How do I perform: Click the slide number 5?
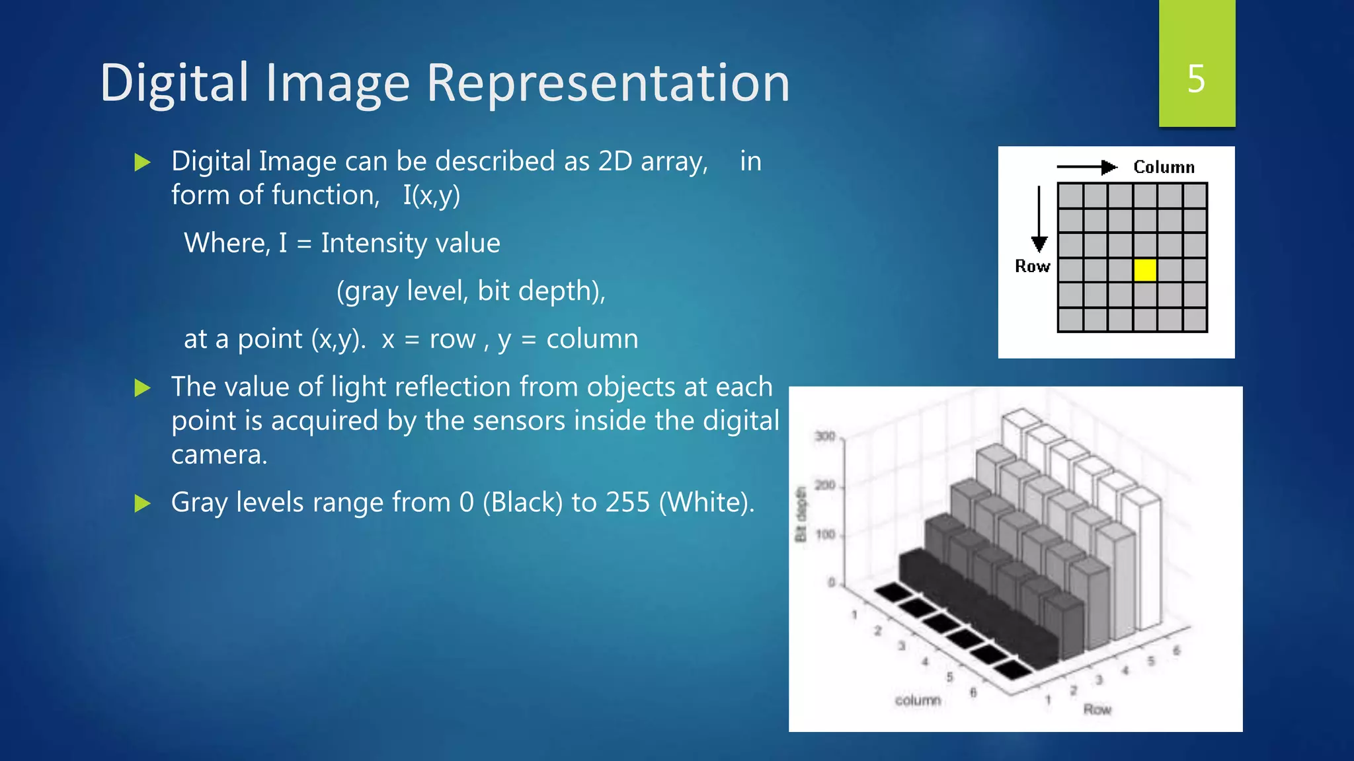pyautogui.click(x=1196, y=79)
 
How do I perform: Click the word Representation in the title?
pyautogui.click(x=608, y=84)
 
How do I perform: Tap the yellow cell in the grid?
pyautogui.click(x=1145, y=270)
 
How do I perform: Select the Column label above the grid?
pyautogui.click(x=1164, y=167)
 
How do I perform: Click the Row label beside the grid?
pyautogui.click(x=1032, y=266)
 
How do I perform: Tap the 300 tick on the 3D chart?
pyautogui.click(x=825, y=437)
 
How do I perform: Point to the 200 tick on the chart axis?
pyautogui.click(x=825, y=486)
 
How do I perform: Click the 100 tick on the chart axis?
pyautogui.click(x=826, y=534)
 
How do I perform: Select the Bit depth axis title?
pyautogui.click(x=801, y=515)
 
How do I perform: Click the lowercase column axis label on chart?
pyautogui.click(x=918, y=700)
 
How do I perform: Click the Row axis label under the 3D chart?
pyautogui.click(x=1097, y=709)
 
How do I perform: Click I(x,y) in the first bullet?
pyautogui.click(x=432, y=196)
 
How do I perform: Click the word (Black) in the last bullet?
pyautogui.click(x=522, y=503)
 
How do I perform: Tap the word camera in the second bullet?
pyautogui.click(x=219, y=455)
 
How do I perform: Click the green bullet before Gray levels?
pyautogui.click(x=142, y=504)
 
